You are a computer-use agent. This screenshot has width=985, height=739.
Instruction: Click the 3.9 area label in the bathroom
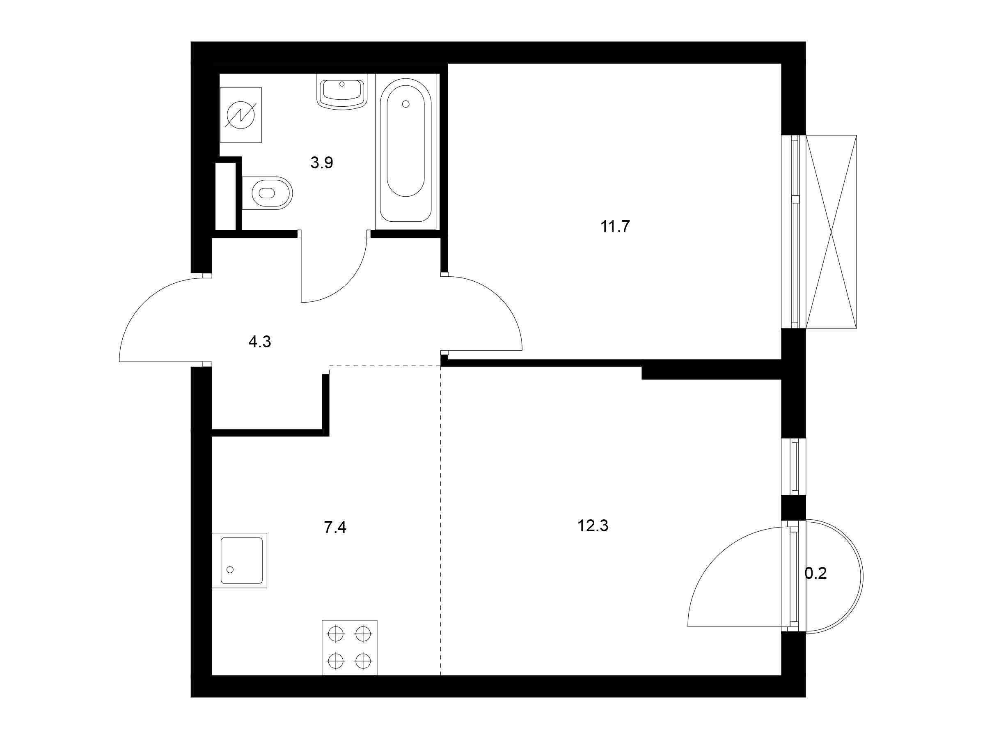point(321,163)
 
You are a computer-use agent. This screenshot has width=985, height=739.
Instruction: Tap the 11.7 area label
point(615,227)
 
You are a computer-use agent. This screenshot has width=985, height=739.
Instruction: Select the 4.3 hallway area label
point(260,342)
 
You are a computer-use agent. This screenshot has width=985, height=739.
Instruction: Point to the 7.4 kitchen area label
point(335,528)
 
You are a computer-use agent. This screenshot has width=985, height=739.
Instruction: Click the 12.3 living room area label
point(593,526)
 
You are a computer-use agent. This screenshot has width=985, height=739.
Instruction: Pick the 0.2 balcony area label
point(816,573)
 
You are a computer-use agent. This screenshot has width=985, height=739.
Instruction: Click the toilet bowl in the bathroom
point(267,193)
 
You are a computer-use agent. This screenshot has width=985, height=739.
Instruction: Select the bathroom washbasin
point(342,92)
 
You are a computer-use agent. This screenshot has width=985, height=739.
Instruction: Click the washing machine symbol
point(241,115)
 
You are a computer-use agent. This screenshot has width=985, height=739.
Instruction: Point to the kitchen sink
point(240,560)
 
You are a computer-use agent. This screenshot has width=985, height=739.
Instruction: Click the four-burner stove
point(350,648)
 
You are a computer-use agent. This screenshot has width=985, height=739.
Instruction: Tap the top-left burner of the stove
point(336,633)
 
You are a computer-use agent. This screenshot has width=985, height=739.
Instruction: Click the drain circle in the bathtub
point(405,104)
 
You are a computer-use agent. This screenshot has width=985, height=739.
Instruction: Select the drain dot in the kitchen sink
point(230,570)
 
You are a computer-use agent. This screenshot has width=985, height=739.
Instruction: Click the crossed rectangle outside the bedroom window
point(831,232)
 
